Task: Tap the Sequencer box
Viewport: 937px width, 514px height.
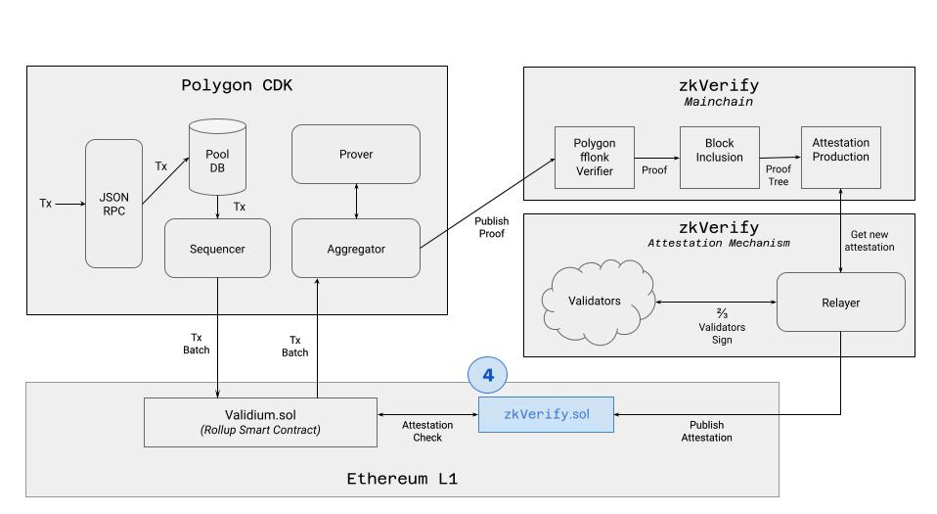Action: [x=217, y=249]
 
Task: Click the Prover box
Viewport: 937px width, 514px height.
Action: [x=356, y=154]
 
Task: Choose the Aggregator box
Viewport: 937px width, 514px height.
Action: [x=356, y=249]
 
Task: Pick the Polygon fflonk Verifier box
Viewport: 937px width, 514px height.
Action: [x=595, y=157]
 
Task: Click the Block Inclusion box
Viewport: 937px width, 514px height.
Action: [x=719, y=157]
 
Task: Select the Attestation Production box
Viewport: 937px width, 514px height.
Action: [x=840, y=157]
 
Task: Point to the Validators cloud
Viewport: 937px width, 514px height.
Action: [x=596, y=302]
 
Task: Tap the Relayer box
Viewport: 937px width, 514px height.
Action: [x=840, y=303]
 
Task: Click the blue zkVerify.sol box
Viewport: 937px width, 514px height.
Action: [x=546, y=414]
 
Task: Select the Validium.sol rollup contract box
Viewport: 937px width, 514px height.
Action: [x=260, y=421]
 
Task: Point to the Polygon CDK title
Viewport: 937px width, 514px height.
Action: [x=237, y=85]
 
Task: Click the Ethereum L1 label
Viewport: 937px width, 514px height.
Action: [x=402, y=479]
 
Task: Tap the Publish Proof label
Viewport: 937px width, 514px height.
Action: [x=492, y=228]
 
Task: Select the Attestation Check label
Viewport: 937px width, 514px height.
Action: [x=427, y=432]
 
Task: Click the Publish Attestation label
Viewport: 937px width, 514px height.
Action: [x=706, y=432]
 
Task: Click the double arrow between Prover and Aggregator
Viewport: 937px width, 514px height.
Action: [x=356, y=201]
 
